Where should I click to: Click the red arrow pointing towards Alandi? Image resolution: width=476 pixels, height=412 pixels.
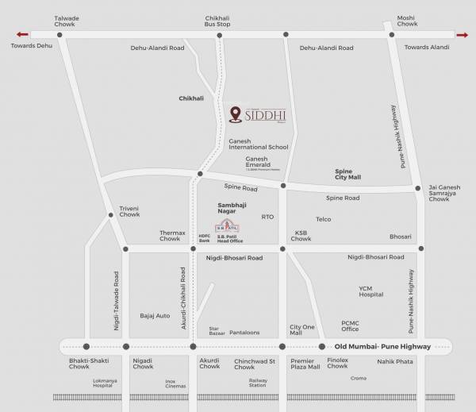coord(462,34)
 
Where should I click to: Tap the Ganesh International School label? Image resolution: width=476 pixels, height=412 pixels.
coord(258,144)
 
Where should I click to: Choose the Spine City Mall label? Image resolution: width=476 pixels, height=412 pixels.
coord(347,175)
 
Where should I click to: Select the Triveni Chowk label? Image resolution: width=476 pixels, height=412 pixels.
coord(129,211)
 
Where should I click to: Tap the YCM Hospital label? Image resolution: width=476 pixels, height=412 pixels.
coord(370,291)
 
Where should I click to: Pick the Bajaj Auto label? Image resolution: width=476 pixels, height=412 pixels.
coord(155,315)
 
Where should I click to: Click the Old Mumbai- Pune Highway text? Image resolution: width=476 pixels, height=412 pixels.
coord(382,347)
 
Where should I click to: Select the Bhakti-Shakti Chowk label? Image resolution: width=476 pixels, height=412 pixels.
coord(84,364)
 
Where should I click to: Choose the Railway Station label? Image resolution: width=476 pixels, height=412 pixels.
coord(259,383)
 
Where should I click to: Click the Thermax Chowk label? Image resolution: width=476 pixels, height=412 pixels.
coord(170,235)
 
